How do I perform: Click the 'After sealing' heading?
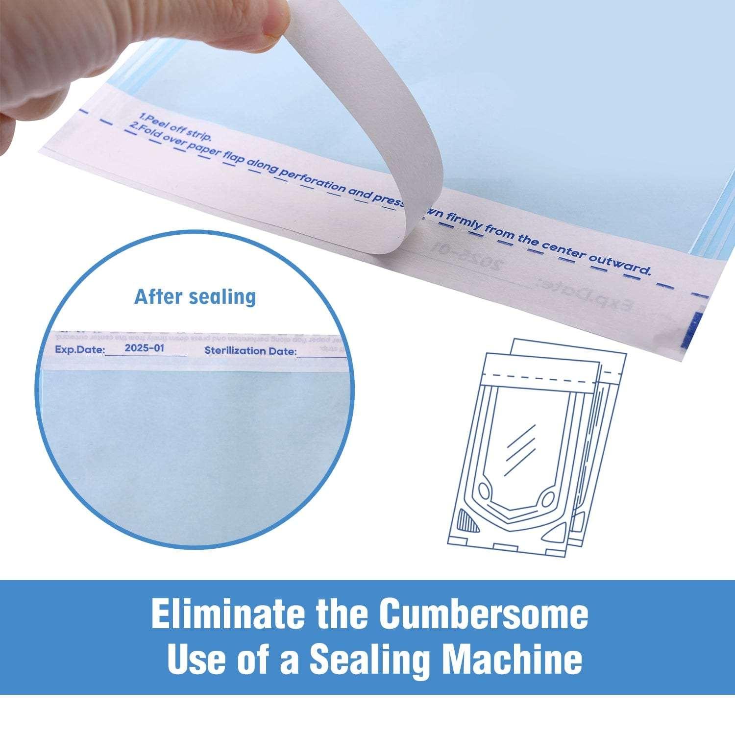tap(195, 297)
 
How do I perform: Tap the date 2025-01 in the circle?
tap(145, 348)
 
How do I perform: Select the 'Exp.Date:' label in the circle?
tap(79, 350)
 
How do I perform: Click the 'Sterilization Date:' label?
tap(250, 351)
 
